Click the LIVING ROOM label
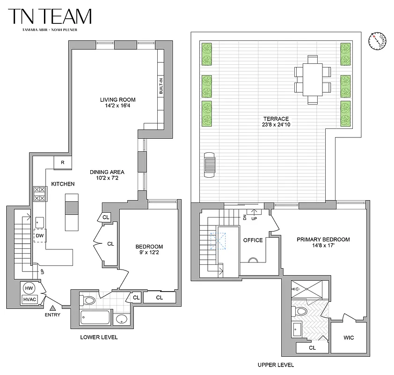click(x=117, y=99)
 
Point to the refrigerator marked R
click(x=62, y=163)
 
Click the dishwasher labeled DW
click(x=40, y=236)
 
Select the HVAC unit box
click(x=29, y=300)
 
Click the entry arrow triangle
click(x=53, y=308)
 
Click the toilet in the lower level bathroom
click(x=88, y=299)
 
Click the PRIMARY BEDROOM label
click(x=323, y=240)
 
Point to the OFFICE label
click(x=253, y=240)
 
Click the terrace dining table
click(x=313, y=79)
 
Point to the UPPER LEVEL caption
click(x=276, y=365)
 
